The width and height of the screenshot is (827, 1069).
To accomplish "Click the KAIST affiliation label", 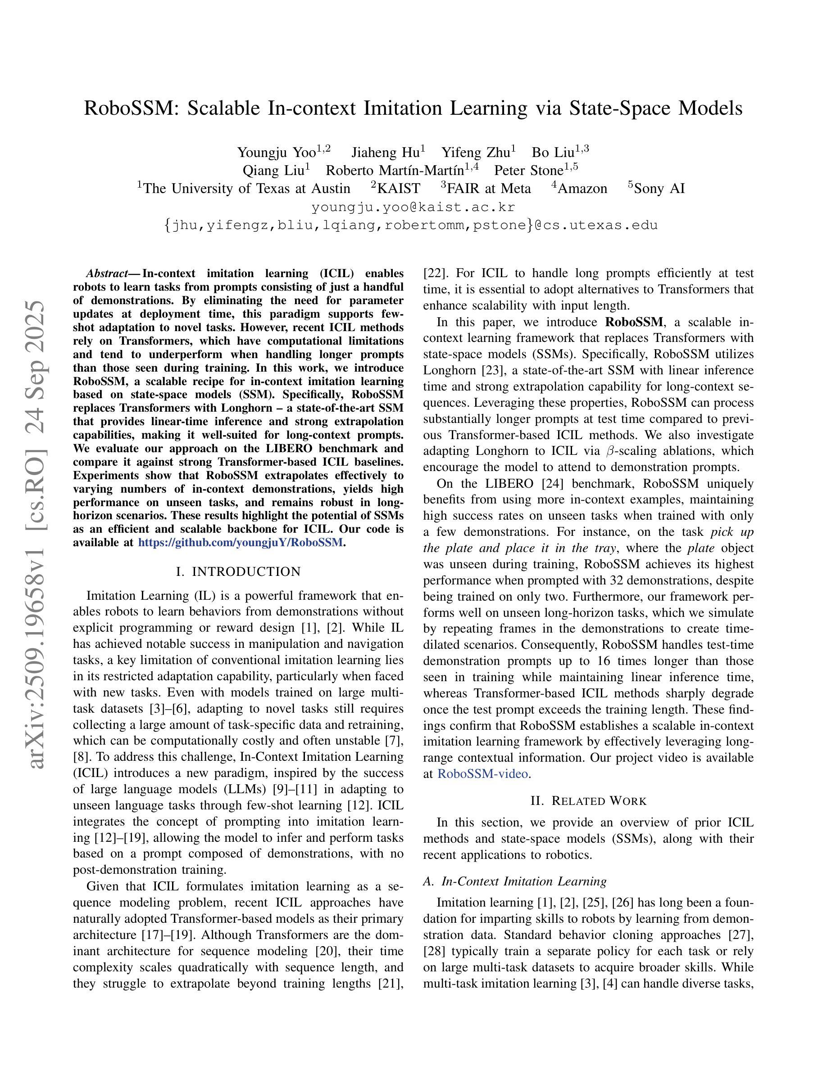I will [x=399, y=189].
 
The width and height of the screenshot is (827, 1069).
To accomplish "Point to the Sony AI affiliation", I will [x=659, y=189].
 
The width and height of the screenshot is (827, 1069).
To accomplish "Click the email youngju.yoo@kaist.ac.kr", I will [x=413, y=207].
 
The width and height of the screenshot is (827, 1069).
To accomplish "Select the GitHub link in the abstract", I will [x=241, y=542].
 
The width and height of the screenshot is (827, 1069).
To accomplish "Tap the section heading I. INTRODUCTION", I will [x=238, y=572].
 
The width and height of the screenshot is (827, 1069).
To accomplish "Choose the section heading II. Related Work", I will [x=588, y=801].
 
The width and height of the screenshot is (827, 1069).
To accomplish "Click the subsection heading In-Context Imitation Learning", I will [x=524, y=881].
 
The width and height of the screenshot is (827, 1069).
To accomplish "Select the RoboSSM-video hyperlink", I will [x=482, y=774].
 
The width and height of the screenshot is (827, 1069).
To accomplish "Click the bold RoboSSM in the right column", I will [x=634, y=322].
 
